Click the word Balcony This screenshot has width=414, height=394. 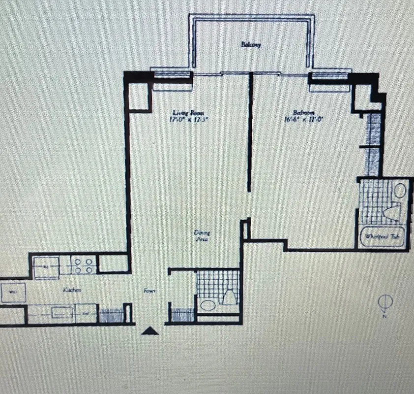click(x=250, y=45)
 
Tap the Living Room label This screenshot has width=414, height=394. click(x=187, y=112)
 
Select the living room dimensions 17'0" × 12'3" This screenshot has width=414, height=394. click(x=187, y=119)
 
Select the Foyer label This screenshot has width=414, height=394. click(x=150, y=291)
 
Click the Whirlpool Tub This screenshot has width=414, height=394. click(x=384, y=237)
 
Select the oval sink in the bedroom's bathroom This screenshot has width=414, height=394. click(x=400, y=190)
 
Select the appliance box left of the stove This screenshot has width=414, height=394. click(x=46, y=266)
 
